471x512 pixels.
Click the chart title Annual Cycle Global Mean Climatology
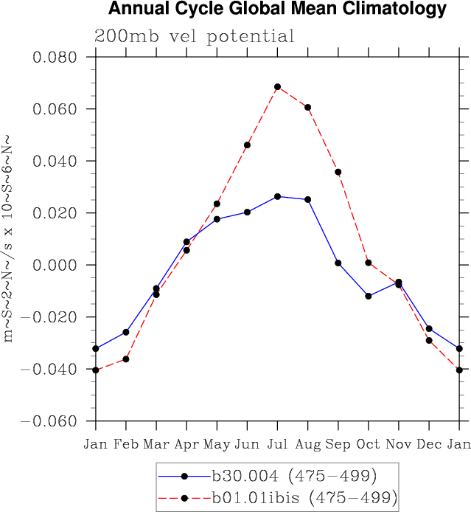tap(277, 10)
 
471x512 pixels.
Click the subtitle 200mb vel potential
tap(194, 36)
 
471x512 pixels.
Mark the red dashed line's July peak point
tap(277, 87)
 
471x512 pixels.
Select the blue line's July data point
tap(277, 196)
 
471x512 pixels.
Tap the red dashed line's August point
tap(307, 107)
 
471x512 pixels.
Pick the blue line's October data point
tap(369, 296)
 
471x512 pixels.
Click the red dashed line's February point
tap(126, 359)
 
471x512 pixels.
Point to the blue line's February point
tap(126, 332)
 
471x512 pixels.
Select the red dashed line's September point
tap(338, 172)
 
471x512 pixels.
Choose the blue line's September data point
tap(338, 263)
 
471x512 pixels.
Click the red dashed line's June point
tap(247, 145)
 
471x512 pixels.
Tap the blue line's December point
tap(429, 328)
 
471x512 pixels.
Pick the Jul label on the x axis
tap(277, 444)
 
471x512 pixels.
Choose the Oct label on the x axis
tap(369, 444)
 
